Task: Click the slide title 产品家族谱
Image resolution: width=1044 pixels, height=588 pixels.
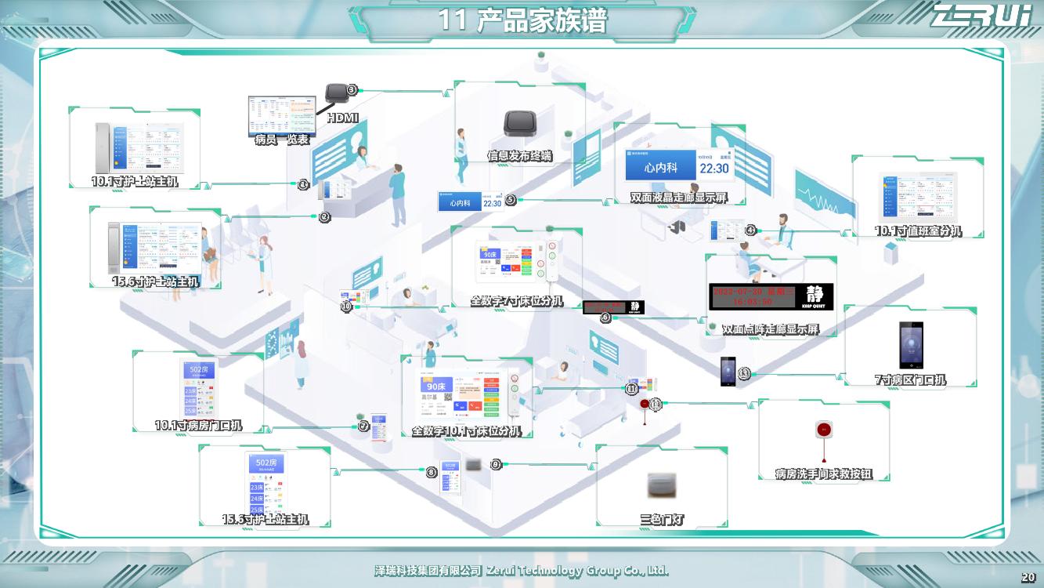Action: click(522, 20)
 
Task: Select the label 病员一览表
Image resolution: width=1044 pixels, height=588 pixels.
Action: click(282, 140)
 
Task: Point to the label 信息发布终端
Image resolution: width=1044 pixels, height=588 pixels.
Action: click(519, 156)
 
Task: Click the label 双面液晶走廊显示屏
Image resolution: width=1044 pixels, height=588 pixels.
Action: click(678, 198)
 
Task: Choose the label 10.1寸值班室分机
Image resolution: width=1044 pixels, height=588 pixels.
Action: click(918, 230)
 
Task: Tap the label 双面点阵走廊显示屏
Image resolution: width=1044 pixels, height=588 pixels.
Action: click(770, 329)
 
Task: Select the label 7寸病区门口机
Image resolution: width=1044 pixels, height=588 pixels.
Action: click(910, 380)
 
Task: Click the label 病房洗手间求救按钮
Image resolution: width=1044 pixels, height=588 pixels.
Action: click(823, 474)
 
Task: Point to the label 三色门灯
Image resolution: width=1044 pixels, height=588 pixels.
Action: click(662, 519)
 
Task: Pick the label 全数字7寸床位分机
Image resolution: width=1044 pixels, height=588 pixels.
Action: click(516, 300)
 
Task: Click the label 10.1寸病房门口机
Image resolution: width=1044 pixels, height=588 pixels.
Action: click(198, 426)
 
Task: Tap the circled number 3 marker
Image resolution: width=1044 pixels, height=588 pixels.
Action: click(352, 90)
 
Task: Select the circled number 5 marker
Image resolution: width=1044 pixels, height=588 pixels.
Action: click(511, 199)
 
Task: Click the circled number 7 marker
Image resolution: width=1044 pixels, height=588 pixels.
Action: click(363, 426)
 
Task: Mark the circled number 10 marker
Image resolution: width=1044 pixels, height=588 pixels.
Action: click(346, 307)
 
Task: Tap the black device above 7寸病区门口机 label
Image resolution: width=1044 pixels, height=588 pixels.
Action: click(911, 345)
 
